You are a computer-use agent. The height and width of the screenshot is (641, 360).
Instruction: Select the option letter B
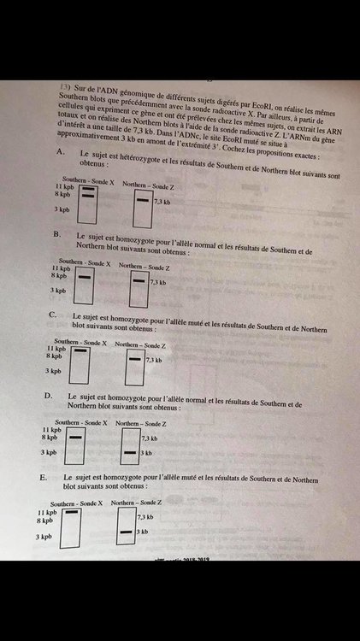point(56,232)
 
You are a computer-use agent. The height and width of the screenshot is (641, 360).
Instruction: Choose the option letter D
point(50,397)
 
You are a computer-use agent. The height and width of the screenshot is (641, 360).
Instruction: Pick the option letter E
point(44,475)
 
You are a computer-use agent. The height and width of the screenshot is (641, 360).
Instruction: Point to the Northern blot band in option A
point(142,202)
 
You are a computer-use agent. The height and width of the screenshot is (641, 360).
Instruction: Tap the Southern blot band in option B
point(84,277)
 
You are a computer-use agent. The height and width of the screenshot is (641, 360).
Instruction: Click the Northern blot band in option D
point(129,451)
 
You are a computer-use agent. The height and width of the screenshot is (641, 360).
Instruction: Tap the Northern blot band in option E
point(126,532)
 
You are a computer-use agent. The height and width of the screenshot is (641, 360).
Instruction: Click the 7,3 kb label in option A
point(162,202)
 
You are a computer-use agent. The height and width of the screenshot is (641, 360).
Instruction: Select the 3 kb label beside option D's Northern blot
point(145,451)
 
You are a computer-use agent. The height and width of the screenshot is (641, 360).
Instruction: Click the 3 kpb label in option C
point(54,371)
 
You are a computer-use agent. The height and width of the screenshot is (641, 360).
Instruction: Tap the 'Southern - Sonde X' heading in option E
point(74,504)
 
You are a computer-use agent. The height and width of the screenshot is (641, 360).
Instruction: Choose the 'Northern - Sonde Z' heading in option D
point(139,423)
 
